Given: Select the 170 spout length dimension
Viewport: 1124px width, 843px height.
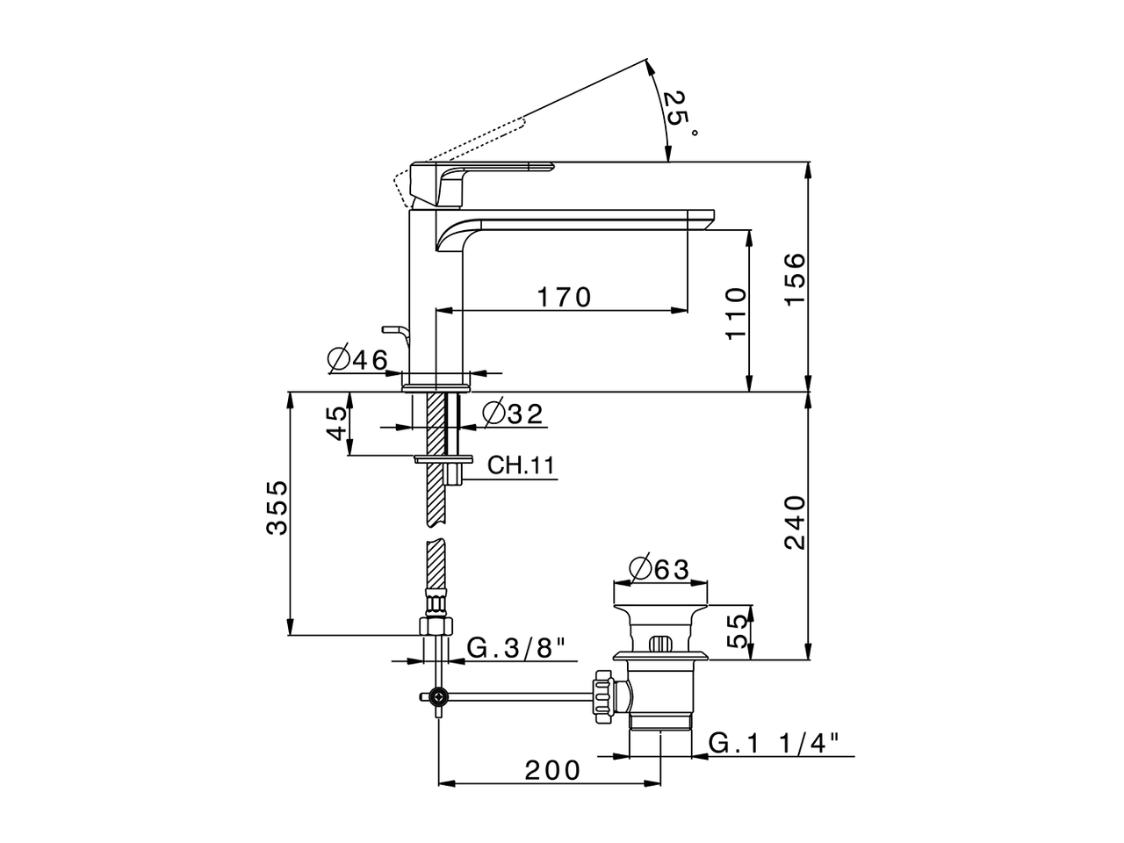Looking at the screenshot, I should click(x=565, y=298).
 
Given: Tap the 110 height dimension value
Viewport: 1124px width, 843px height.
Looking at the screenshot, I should click(x=735, y=313).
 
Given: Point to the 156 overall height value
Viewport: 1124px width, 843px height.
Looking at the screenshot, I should click(x=794, y=277).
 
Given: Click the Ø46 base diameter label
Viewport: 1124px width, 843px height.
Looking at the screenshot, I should click(x=357, y=359).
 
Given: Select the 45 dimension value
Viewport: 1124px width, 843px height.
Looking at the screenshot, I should click(x=337, y=423).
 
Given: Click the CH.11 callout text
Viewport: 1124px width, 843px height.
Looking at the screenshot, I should click(x=522, y=465).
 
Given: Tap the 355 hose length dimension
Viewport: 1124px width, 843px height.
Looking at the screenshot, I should click(x=277, y=507).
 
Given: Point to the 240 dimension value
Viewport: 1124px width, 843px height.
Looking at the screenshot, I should click(x=794, y=522).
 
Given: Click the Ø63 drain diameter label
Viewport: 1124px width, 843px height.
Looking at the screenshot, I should click(x=659, y=569).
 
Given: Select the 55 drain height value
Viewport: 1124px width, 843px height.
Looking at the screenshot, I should click(x=740, y=630).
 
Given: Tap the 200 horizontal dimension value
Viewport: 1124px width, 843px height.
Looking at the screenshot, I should click(x=553, y=770).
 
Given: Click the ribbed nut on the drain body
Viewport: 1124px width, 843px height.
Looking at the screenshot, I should click(x=602, y=695).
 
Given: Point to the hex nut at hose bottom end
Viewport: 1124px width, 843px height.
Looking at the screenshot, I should click(x=436, y=626).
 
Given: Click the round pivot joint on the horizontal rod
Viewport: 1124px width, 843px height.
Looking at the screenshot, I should click(x=437, y=696).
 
